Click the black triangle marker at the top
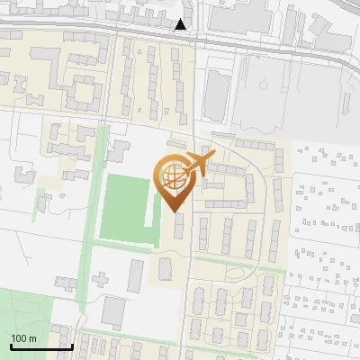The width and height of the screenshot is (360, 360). (x=182, y=24)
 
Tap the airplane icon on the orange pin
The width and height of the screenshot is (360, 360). (x=198, y=166)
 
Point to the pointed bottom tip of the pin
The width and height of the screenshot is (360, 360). (x=175, y=212)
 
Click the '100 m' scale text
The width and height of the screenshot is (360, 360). (x=24, y=338)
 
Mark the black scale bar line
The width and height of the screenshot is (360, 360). (x=41, y=346)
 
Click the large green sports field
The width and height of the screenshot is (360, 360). (x=121, y=207)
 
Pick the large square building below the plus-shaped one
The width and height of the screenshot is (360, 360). (x=114, y=311)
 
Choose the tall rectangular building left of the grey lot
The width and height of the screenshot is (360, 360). (x=217, y=94)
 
